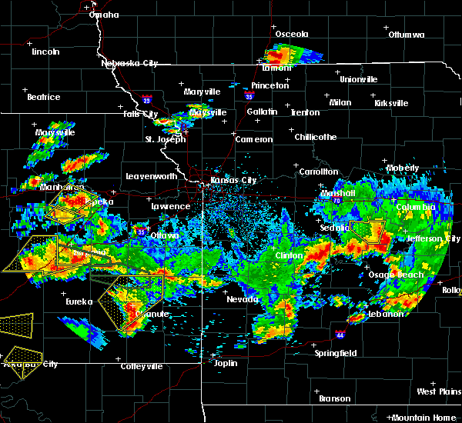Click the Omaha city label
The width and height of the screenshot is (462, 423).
(x=104, y=15)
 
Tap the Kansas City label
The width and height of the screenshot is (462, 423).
(x=235, y=181)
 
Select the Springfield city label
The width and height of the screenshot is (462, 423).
(x=335, y=354)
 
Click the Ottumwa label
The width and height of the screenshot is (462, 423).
(x=407, y=35)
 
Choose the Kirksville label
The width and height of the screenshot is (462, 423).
(x=391, y=103)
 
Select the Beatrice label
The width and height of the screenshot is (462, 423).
(x=43, y=97)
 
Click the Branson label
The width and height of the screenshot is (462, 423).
(x=334, y=398)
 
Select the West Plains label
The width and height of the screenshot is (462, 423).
(x=438, y=391)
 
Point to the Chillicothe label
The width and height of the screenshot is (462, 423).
(x=316, y=137)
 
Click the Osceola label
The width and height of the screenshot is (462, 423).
(x=292, y=34)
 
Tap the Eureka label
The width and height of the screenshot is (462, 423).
(x=79, y=302)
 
